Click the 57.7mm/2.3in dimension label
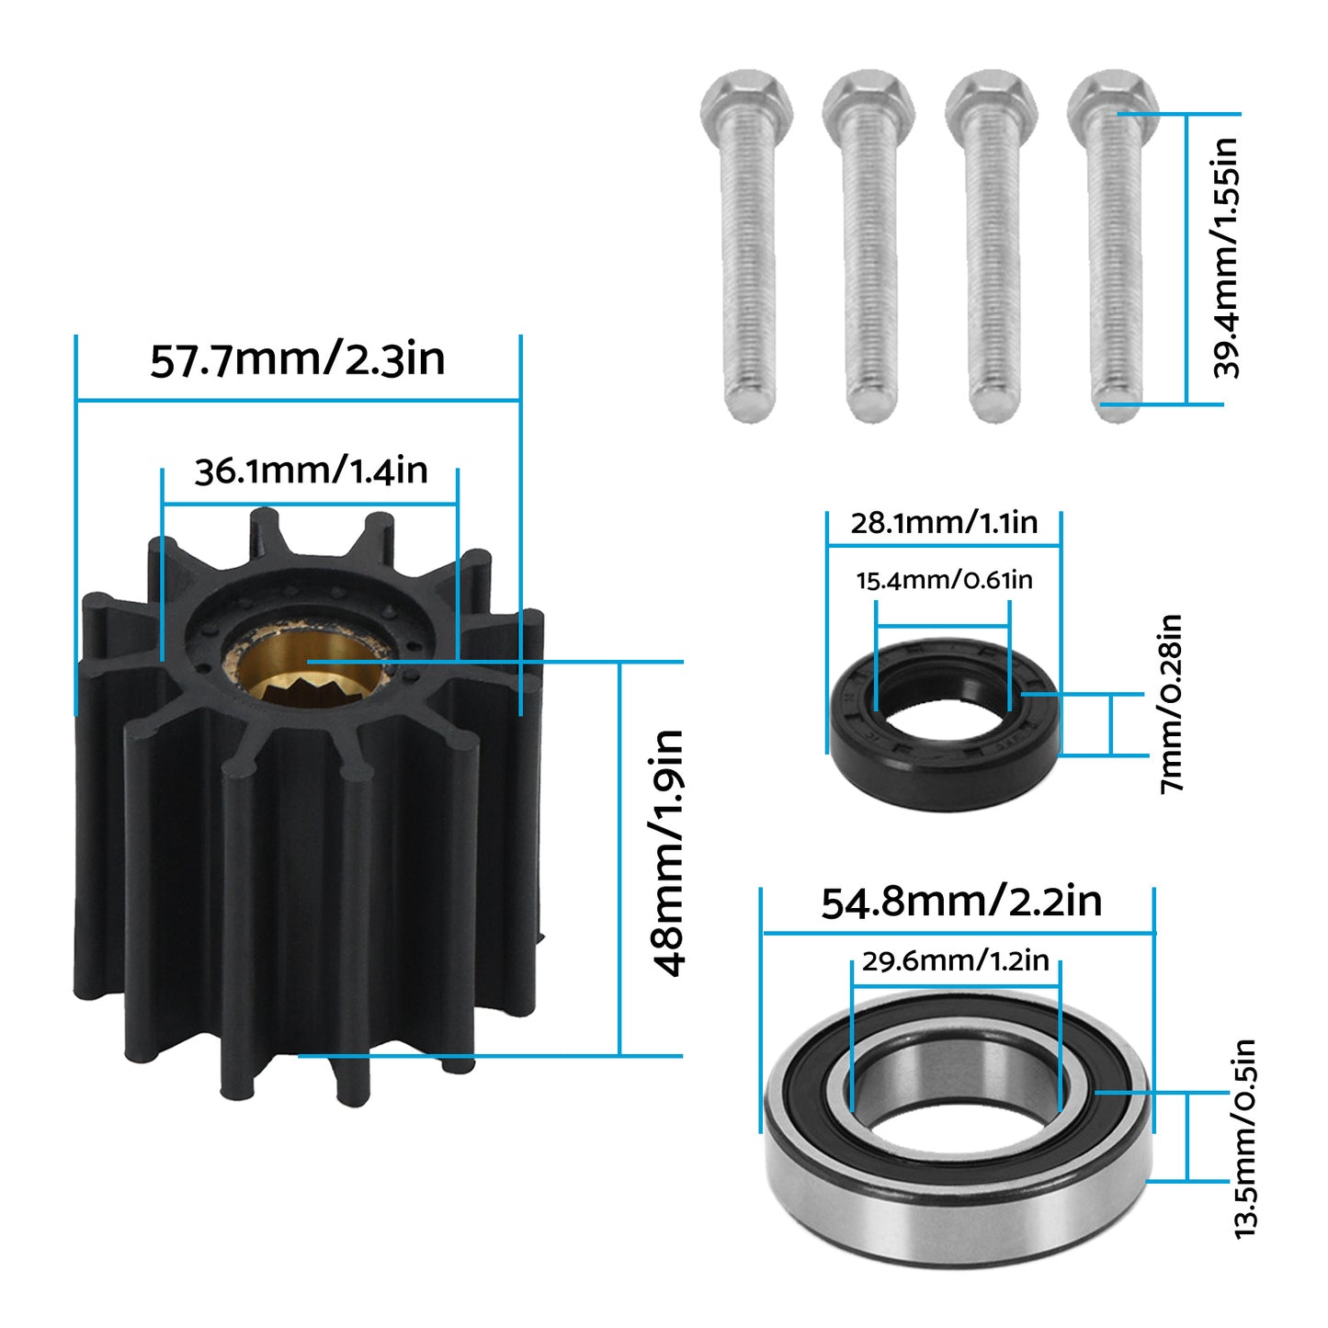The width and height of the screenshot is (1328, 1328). pyautogui.click(x=298, y=359)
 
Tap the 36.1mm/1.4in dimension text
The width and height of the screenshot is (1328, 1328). pyautogui.click(x=311, y=471)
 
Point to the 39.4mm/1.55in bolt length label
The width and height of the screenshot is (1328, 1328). pyautogui.click(x=1227, y=258)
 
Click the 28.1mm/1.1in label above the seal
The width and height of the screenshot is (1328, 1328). pyautogui.click(x=944, y=523)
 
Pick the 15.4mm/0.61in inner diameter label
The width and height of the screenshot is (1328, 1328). pyautogui.click(x=944, y=581)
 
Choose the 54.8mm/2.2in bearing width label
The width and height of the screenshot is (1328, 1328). pyautogui.click(x=961, y=902)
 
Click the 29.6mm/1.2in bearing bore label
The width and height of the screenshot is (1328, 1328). pyautogui.click(x=955, y=961)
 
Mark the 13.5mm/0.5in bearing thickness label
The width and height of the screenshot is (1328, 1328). pyautogui.click(x=1245, y=1140)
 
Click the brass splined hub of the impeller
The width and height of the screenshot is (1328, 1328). pyautogui.click(x=311, y=675)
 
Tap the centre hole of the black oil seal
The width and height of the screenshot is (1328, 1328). pyautogui.click(x=944, y=721)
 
